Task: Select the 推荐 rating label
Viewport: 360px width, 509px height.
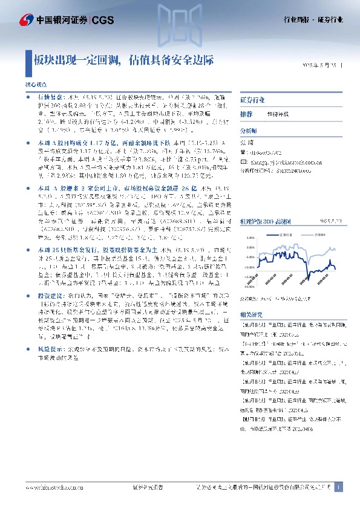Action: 246,114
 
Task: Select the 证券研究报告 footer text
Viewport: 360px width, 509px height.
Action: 147,487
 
